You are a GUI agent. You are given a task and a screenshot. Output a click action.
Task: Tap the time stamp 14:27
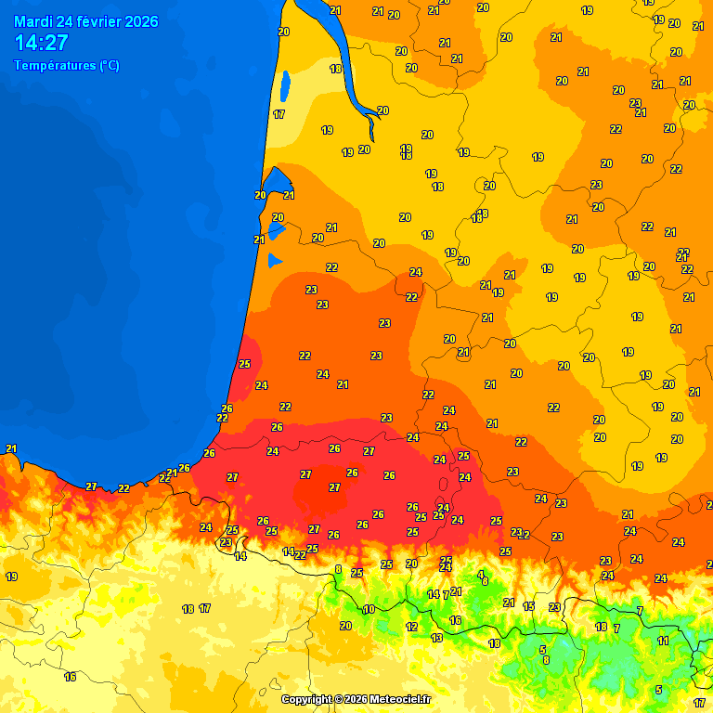(x=41, y=43)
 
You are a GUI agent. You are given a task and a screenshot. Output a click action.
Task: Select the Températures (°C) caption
(x=66, y=66)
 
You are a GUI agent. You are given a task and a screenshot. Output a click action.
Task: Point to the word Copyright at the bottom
(x=307, y=699)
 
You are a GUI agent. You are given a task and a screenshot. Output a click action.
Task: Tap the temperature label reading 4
(x=480, y=575)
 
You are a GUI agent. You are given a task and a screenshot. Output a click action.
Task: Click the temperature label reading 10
(x=369, y=610)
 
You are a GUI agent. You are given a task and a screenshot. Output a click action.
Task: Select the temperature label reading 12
(x=411, y=627)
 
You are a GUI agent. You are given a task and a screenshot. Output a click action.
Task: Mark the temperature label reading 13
(x=436, y=638)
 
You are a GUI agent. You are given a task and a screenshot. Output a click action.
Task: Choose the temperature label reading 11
(x=663, y=641)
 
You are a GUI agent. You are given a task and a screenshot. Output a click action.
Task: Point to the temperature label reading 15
(x=529, y=606)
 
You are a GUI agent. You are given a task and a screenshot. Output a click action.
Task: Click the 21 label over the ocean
(x=11, y=448)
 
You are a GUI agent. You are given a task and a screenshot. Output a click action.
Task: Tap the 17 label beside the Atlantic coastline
(x=279, y=114)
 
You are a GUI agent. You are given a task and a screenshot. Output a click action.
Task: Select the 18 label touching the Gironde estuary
(x=335, y=69)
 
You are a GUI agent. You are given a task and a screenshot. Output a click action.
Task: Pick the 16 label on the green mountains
(x=455, y=620)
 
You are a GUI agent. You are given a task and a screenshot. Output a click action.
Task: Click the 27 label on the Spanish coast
(x=91, y=486)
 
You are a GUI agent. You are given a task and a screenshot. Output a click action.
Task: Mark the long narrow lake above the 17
(x=284, y=86)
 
